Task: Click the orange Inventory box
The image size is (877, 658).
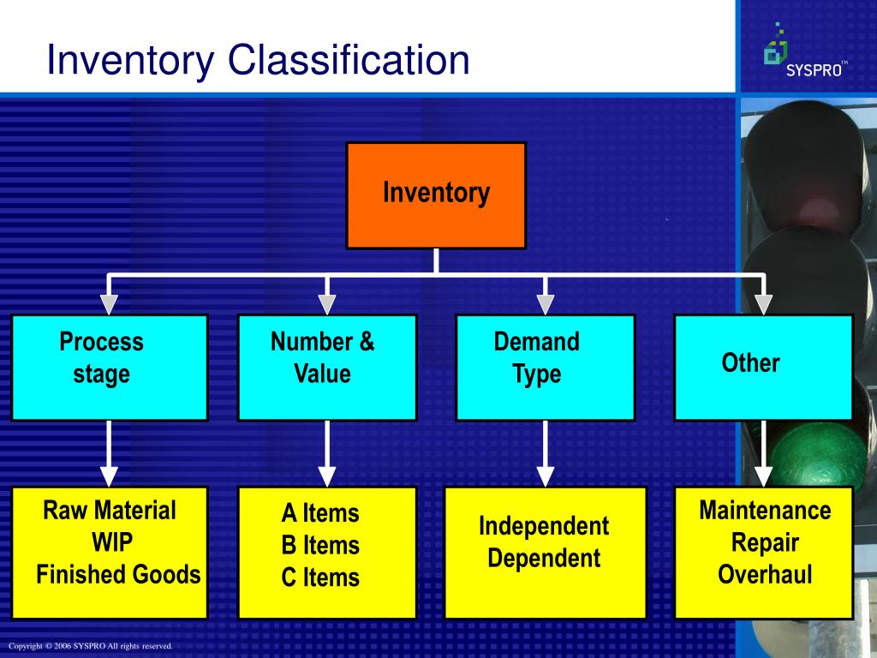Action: pos(436,195)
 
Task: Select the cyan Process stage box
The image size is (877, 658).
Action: pos(109,368)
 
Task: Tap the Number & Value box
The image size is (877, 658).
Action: pos(326,368)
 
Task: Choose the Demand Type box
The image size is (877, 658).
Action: pos(545,368)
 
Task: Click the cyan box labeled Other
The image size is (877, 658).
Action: pos(763,368)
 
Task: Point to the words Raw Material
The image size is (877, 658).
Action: pos(110,511)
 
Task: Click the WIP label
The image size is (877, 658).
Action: pos(112,542)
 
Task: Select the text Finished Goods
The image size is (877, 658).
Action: pos(118,574)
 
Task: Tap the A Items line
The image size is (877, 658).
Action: pos(320,513)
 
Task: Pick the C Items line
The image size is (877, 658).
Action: pos(320,577)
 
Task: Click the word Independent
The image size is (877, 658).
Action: pos(544,526)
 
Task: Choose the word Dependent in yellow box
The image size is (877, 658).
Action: pos(544,559)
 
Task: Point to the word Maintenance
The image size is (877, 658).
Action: pos(765,511)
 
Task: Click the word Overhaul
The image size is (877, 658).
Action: pos(765,574)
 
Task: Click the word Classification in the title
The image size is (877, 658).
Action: pos(350,60)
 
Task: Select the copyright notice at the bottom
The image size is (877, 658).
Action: pos(91,646)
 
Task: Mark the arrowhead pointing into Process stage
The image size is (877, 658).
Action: pos(109,304)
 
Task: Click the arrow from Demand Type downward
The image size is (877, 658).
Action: pos(545,454)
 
